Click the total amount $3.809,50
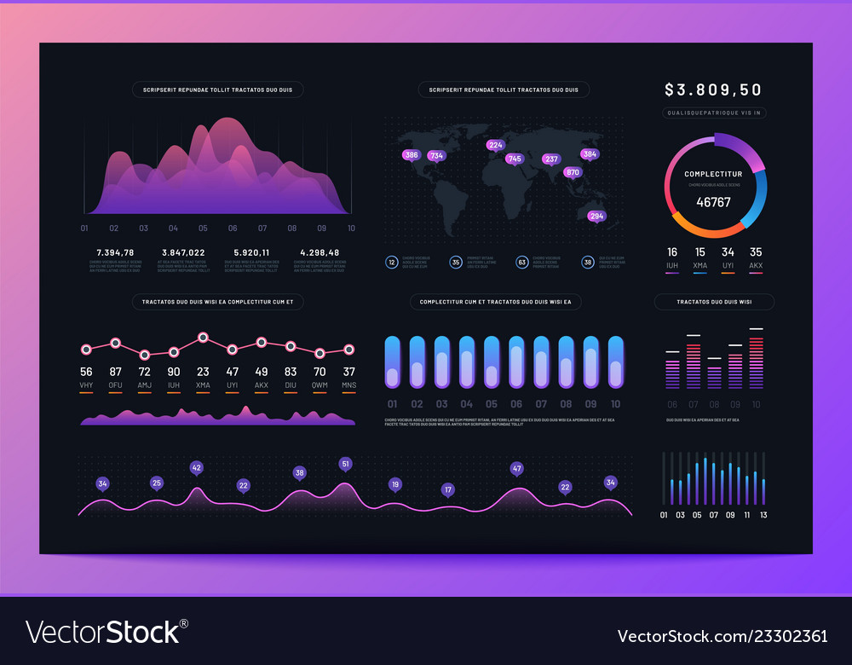[713, 90]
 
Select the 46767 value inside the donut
[713, 202]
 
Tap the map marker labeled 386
[412, 155]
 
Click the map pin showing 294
[596, 216]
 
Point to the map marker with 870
[573, 172]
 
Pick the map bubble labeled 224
[496, 145]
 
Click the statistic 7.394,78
[115, 252]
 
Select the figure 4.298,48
[319, 252]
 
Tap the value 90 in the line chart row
[174, 372]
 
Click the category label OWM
[319, 385]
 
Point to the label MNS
[348, 385]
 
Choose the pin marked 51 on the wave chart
[345, 464]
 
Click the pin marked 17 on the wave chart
[448, 490]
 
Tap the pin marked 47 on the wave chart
[516, 468]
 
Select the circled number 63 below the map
[521, 263]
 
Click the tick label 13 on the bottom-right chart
[763, 515]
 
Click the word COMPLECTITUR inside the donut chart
[713, 174]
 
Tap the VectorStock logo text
[102, 632]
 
